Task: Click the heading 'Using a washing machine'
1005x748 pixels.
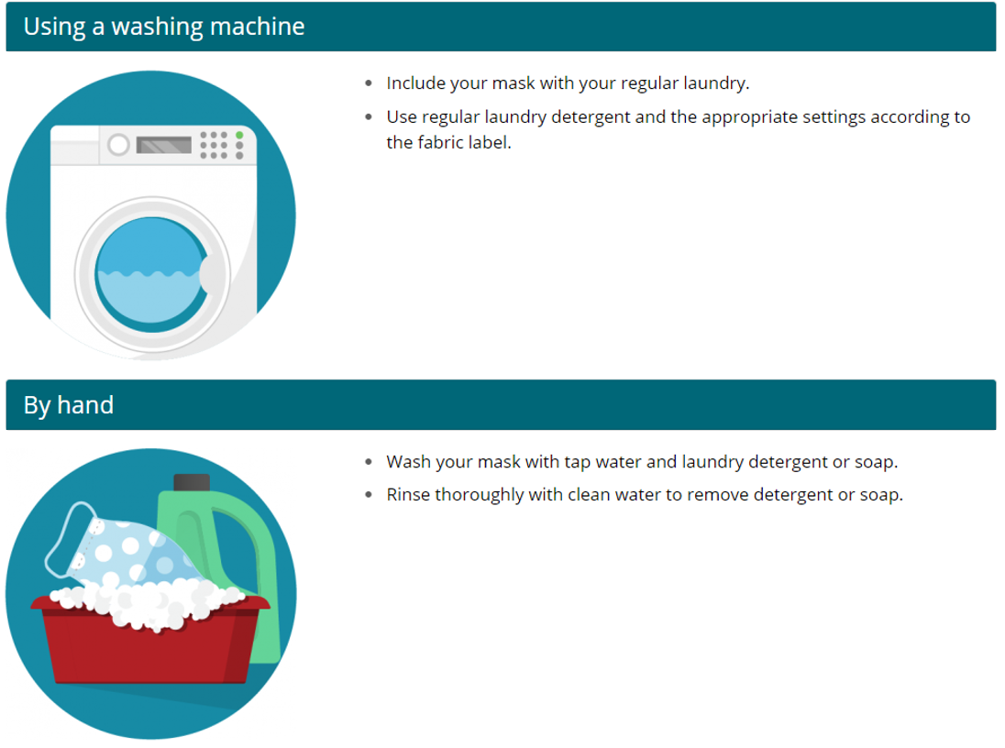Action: [x=163, y=27]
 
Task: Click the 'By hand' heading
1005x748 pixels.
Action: [x=69, y=405]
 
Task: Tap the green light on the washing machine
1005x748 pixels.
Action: [x=239, y=136]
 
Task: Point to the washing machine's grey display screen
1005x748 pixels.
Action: [x=165, y=145]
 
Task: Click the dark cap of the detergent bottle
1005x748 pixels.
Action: [x=192, y=482]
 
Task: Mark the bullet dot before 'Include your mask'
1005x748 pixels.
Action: [x=369, y=83]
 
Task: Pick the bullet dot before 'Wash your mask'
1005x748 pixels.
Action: [x=369, y=462]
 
